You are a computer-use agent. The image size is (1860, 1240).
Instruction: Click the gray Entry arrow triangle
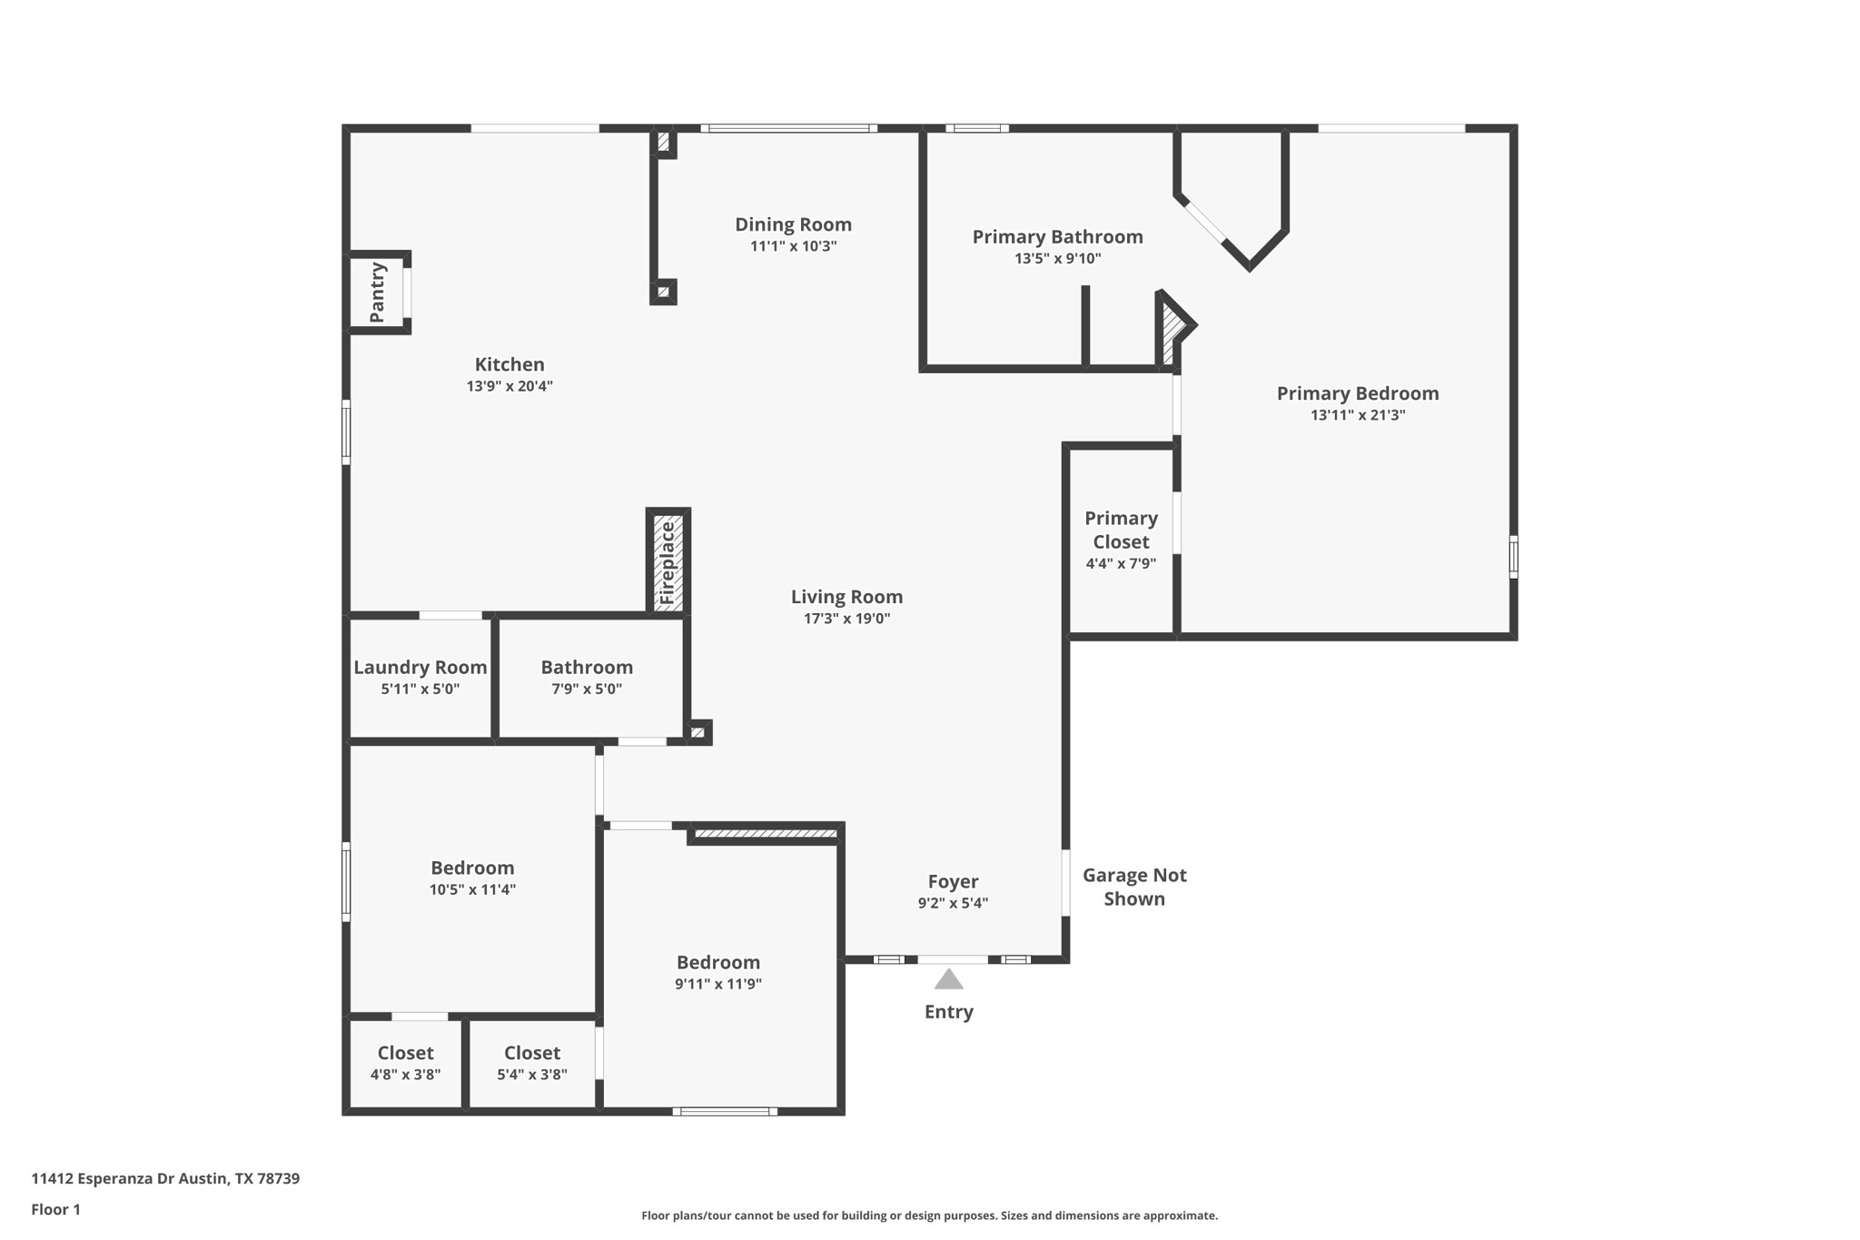coord(948,979)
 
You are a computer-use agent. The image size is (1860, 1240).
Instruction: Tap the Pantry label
coord(378,293)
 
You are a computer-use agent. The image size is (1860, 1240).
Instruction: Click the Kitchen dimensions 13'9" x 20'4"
coord(510,386)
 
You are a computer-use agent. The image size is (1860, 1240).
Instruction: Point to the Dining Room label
coord(793,224)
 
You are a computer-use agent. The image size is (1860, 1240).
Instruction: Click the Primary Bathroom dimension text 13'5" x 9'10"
coord(1057,259)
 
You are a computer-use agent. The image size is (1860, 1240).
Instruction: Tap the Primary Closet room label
coord(1121,530)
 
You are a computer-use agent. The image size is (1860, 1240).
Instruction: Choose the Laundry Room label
coord(420,668)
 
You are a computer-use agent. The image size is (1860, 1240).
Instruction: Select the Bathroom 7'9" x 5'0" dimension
coord(587,689)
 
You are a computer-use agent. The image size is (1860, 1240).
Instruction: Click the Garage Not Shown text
coord(1134,887)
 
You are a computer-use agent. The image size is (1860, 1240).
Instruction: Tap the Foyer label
coord(953,881)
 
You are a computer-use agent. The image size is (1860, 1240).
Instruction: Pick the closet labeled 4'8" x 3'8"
coord(405,1063)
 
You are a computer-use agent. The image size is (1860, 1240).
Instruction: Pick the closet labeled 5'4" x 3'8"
coord(531,1063)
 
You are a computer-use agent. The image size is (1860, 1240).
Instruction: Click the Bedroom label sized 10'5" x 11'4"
coord(472,868)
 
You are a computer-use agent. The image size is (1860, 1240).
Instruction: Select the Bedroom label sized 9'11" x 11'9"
coord(717,962)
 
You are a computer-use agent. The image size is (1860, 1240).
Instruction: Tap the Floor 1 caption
coord(55,1209)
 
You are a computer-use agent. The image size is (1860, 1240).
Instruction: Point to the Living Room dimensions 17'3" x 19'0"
coord(846,619)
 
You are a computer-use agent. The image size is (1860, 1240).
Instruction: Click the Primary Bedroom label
coord(1357,393)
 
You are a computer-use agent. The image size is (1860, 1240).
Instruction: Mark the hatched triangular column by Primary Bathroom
coord(1172,330)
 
